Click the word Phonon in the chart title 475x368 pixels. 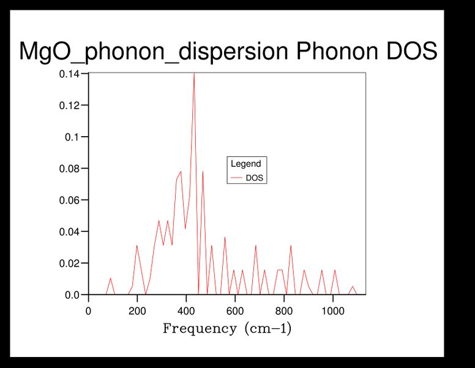click(334, 52)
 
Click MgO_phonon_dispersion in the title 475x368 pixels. click(153, 52)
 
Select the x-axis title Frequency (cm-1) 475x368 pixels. click(227, 329)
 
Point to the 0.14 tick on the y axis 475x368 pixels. click(69, 74)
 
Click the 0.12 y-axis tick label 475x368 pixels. click(69, 105)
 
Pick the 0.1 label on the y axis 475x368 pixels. click(72, 137)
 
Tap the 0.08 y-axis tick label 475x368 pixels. click(69, 169)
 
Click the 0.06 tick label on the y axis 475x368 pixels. click(69, 200)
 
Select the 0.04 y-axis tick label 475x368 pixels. click(69, 232)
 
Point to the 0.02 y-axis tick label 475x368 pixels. click(69, 263)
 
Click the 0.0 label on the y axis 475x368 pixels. click(72, 295)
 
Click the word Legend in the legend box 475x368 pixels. click(245, 164)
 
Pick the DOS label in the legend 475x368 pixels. click(254, 178)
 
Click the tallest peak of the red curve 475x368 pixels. click(194, 74)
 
